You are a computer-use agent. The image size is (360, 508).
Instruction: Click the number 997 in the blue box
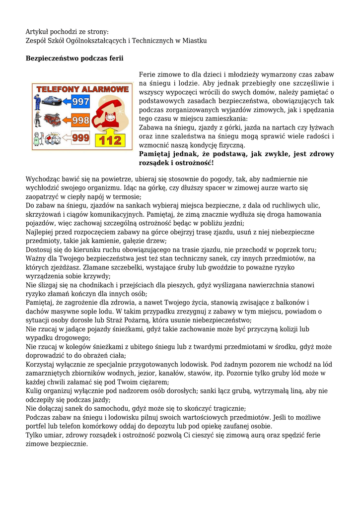(80, 102)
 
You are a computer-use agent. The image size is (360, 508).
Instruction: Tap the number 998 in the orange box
(80, 120)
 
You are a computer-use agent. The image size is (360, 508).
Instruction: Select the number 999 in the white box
(80, 138)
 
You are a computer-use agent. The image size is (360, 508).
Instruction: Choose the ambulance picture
(52, 139)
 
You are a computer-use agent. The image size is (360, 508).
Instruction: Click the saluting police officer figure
(37, 102)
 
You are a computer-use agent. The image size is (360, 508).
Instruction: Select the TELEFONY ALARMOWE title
(82, 89)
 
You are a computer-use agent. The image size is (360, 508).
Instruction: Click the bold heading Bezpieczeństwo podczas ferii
(74, 59)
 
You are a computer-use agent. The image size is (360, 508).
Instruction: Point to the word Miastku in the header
(195, 40)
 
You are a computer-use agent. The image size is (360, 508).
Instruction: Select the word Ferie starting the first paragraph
(148, 74)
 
